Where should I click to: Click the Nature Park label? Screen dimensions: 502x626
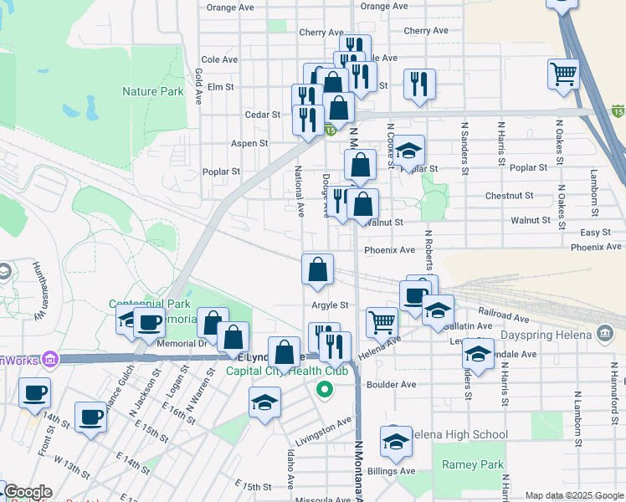tap(152, 91)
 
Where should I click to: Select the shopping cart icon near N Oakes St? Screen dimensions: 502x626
tap(563, 73)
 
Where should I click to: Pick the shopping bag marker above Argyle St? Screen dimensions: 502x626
tap(317, 269)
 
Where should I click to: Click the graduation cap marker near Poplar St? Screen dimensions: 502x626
tap(408, 151)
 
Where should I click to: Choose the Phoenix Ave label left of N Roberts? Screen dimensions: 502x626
tap(389, 250)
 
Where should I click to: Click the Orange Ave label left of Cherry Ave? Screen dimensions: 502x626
tap(230, 7)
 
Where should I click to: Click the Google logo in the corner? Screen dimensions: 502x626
tap(27, 492)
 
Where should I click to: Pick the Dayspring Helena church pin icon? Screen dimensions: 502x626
tap(604, 335)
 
